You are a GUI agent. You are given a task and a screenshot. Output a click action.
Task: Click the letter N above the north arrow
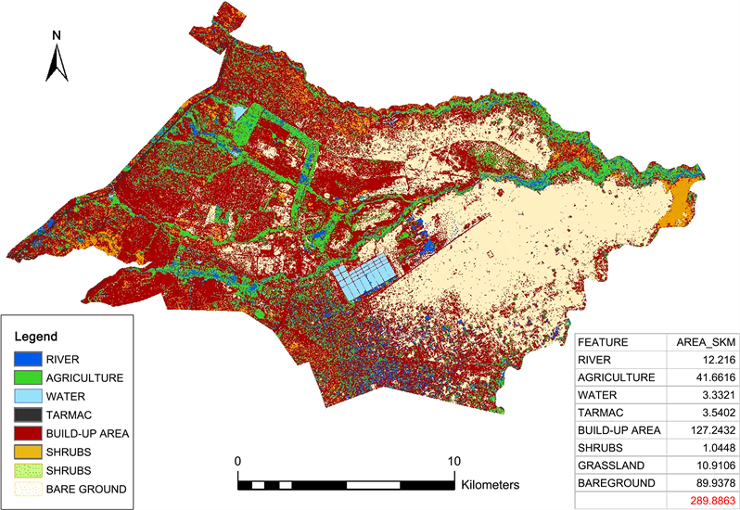pyautogui.click(x=57, y=36)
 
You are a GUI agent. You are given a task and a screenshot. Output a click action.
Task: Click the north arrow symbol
pyautogui.click(x=57, y=65)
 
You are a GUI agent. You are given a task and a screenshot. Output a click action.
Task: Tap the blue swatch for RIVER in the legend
pyautogui.click(x=28, y=357)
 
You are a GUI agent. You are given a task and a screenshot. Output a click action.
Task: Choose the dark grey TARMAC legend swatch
pyautogui.click(x=28, y=414)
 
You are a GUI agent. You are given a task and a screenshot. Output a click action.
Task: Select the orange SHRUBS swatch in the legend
pyautogui.click(x=28, y=452)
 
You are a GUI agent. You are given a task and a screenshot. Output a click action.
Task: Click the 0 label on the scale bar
pyautogui.click(x=238, y=462)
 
